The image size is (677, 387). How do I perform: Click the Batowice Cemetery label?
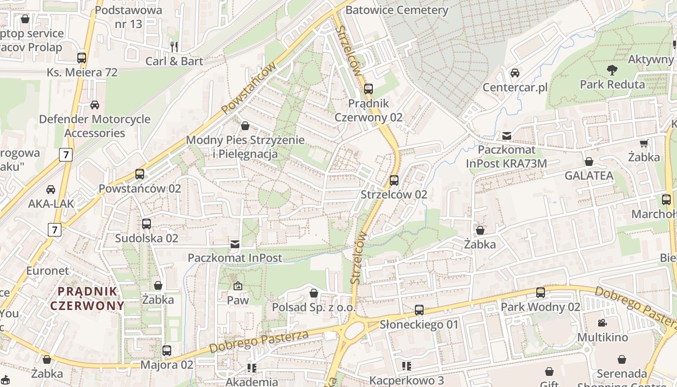(397, 10)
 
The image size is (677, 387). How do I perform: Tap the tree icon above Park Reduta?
(612, 70)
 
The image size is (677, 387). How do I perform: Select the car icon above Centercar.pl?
(515, 73)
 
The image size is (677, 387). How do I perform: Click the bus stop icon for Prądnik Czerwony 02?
(368, 89)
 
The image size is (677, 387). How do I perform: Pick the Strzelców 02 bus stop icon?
(394, 180)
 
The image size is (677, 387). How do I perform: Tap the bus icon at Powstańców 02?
(140, 174)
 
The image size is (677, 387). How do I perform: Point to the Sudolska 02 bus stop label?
(147, 238)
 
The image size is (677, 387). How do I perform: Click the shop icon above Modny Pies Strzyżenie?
(245, 126)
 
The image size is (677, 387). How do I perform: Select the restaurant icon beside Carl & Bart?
(174, 46)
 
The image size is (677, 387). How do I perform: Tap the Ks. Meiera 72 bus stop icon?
(82, 58)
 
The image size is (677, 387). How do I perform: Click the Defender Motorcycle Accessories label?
(95, 126)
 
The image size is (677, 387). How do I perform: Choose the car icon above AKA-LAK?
(51, 190)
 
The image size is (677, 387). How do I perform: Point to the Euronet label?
(47, 270)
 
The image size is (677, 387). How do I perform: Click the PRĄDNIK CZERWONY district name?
(88, 298)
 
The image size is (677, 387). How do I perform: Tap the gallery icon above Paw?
(237, 286)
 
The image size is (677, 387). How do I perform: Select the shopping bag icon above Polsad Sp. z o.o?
(314, 293)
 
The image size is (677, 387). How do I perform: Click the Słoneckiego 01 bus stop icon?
(419, 310)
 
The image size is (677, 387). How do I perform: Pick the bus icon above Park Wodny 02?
(540, 293)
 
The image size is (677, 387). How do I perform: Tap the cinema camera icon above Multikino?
(602, 323)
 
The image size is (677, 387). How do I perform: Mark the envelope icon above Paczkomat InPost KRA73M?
(507, 136)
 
